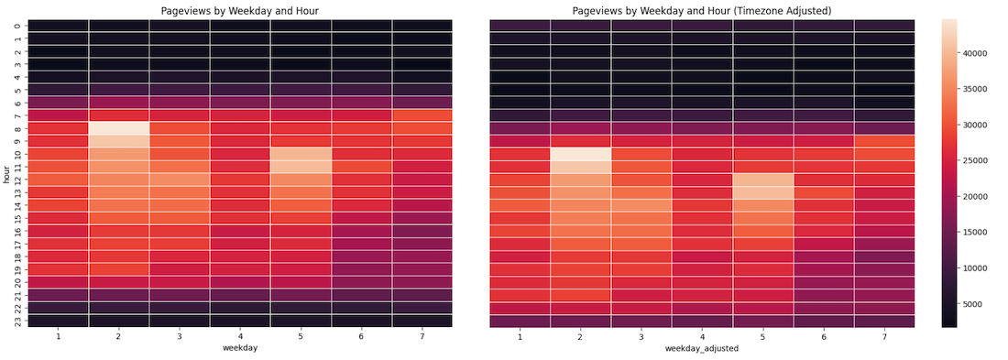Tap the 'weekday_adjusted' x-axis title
pos(701,350)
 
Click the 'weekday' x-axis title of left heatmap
pos(239,350)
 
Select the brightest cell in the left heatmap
pos(118,128)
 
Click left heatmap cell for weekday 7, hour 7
pos(422,115)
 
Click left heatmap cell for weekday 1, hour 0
pos(58,26)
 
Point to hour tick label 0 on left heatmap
pos(17,26)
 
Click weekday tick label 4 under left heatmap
pos(239,337)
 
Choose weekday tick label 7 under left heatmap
pos(422,337)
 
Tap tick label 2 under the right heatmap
pos(580,337)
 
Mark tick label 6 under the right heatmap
pos(823,337)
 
